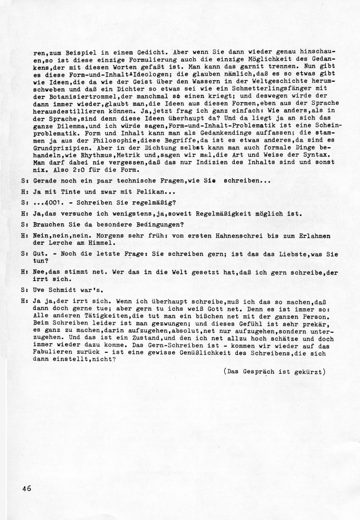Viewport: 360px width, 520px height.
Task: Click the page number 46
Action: click(27, 488)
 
